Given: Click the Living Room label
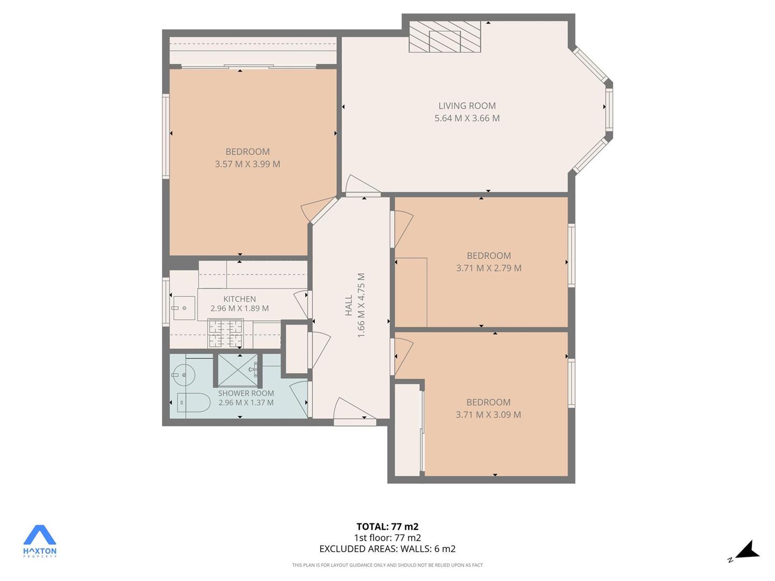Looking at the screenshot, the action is coord(467,105).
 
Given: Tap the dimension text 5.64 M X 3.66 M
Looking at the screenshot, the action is coord(467,118).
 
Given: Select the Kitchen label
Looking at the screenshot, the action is coord(239,299).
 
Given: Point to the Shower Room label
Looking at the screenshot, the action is coord(246,393).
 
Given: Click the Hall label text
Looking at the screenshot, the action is coord(349,305).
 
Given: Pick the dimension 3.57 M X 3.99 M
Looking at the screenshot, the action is coord(248,164).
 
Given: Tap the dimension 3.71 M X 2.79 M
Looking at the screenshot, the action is coord(489,268).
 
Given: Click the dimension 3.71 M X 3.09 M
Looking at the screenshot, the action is coord(488,414).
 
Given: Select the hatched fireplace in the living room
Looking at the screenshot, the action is coord(445,37).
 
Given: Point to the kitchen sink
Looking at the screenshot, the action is coord(184,308).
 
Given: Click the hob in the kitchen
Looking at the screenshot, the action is coord(226,334).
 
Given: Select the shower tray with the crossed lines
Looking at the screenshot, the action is coord(238,370).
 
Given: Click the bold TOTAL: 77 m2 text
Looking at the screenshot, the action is coord(387,526).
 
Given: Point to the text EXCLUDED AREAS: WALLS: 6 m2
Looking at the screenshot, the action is coord(387,549).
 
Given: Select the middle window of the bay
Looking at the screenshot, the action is coord(609,109).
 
